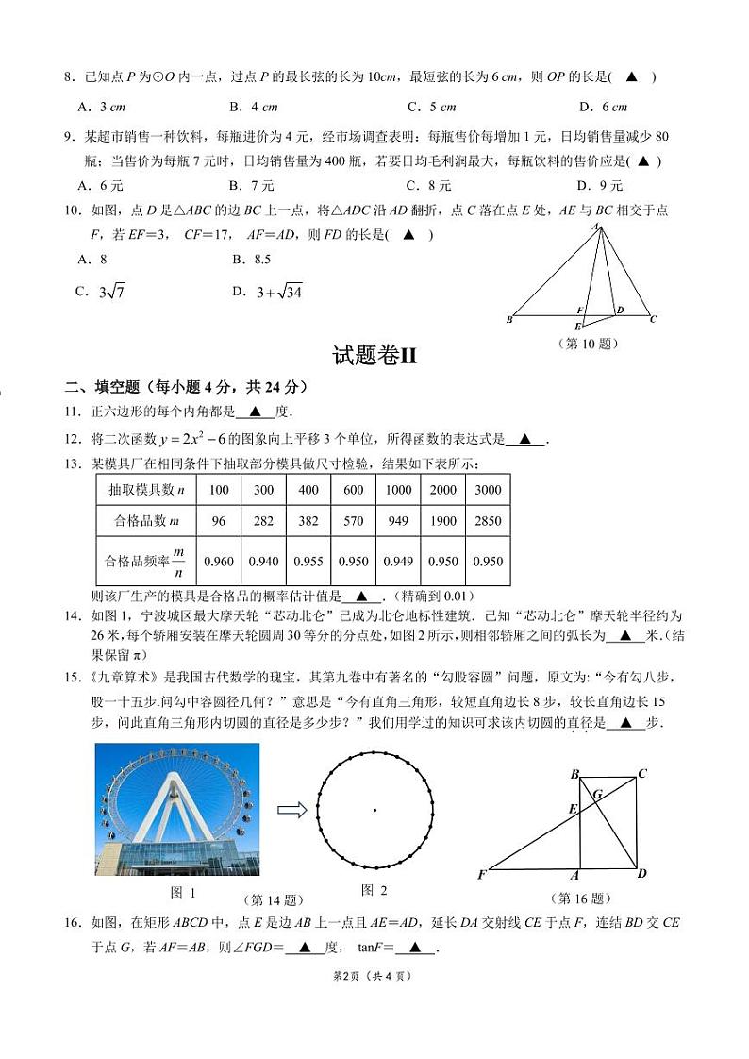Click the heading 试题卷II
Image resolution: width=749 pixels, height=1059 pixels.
click(374, 356)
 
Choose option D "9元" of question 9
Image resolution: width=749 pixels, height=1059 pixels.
click(600, 185)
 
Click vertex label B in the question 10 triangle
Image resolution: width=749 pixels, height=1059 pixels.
click(509, 320)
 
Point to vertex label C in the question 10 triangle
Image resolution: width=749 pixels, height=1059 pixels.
click(653, 319)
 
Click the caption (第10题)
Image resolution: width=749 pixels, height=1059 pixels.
click(589, 344)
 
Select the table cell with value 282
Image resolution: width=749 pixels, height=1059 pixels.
click(263, 521)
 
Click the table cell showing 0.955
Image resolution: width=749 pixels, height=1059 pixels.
click(308, 562)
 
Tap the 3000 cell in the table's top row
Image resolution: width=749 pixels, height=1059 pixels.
click(488, 490)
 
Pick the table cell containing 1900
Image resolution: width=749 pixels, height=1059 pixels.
click(443, 521)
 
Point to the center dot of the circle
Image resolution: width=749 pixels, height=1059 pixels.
click(374, 810)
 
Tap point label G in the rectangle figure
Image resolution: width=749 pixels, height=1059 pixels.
click(597, 794)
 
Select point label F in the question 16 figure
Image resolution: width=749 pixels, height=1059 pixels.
click(482, 875)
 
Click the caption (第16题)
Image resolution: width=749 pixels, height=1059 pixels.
click(580, 899)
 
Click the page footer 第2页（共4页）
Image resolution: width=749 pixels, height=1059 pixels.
click(374, 975)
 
